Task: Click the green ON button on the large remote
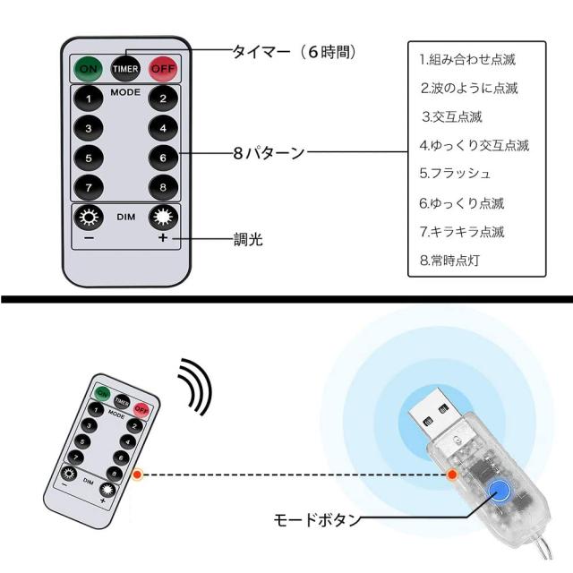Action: pos(89,67)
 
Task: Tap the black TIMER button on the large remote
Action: pos(125,67)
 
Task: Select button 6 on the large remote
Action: pos(162,157)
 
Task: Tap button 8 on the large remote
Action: pos(162,187)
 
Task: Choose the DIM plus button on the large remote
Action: pos(162,218)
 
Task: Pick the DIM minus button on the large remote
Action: pos(89,218)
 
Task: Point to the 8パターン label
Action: pos(269,153)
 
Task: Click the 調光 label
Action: pos(250,240)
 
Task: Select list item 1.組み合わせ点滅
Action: pos(468,60)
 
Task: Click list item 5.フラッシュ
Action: pos(456,172)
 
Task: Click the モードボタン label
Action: pos(318,519)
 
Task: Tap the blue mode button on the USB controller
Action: pos(498,489)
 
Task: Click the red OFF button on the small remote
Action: pos(140,409)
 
